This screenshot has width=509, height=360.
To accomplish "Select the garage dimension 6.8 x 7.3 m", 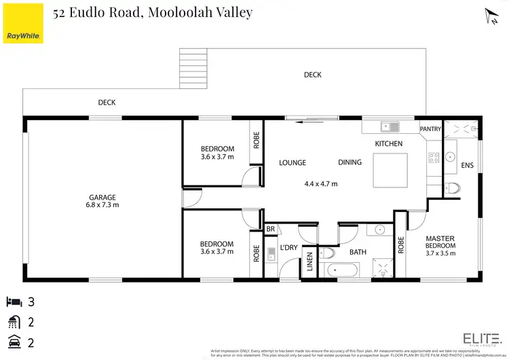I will click(x=102, y=204).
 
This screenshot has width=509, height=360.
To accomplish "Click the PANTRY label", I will click(x=430, y=129).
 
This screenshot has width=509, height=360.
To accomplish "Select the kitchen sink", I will click(x=390, y=126).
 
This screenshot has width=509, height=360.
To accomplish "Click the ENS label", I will click(x=467, y=164).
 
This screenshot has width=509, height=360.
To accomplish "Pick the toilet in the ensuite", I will click(x=452, y=187).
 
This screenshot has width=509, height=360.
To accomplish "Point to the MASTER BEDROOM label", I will click(x=440, y=242).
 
